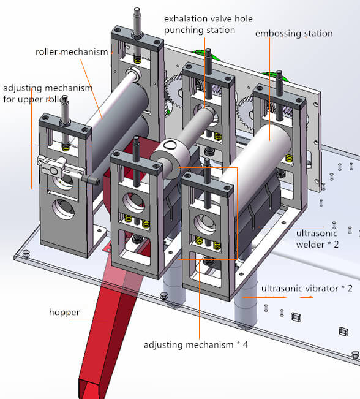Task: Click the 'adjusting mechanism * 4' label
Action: pos(196,344)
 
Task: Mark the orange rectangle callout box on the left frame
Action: pos(61,167)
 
